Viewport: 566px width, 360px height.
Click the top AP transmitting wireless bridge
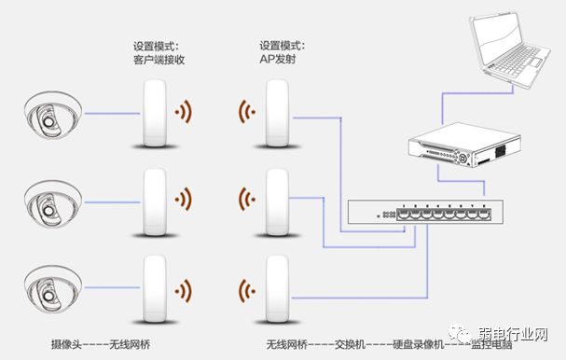[x=276, y=114]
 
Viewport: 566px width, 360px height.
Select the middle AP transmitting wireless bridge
[x=276, y=200]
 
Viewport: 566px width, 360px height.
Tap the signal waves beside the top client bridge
[x=185, y=114]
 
